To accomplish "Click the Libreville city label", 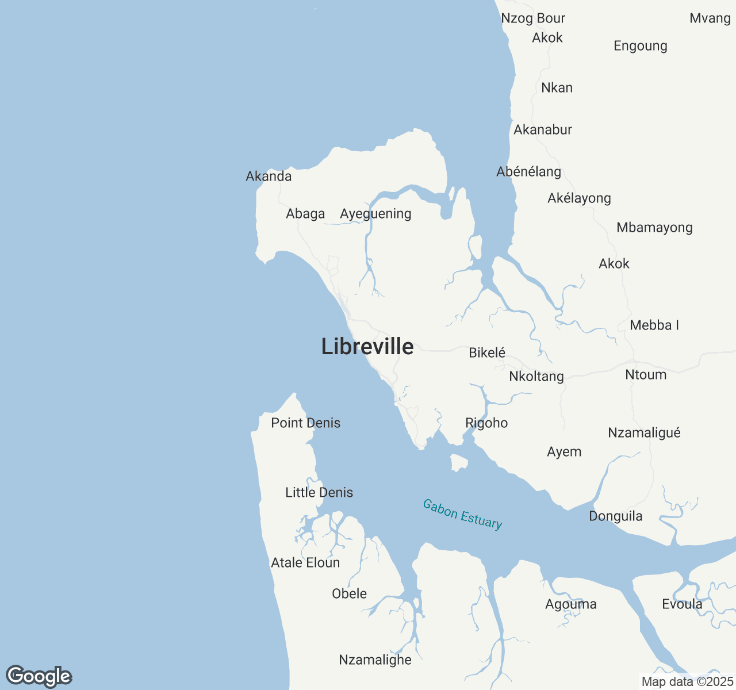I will coord(367,347).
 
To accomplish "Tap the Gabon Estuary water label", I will coord(462,513).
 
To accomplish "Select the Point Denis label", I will coord(306,423).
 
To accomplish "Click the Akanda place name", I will coord(269,177).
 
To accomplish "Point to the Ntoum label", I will coord(646,375).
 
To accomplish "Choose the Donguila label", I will coord(616,516).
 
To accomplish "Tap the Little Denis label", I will coord(319,493).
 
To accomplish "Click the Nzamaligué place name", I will coord(644,433).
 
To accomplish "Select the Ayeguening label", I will coord(375,214).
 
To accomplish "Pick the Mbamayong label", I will coord(654,228).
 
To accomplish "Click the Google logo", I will coord(39,676).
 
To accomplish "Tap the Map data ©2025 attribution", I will coord(687,682).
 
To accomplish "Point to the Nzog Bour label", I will coord(533,18).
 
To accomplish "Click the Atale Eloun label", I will coord(305,563).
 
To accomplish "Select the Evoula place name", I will coord(682,604).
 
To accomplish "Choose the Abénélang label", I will coord(528,172).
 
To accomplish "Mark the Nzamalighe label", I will coord(375,660).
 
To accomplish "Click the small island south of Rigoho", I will coord(458,462).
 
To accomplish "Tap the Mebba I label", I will coord(654,325).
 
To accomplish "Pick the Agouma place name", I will coord(571,604).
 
